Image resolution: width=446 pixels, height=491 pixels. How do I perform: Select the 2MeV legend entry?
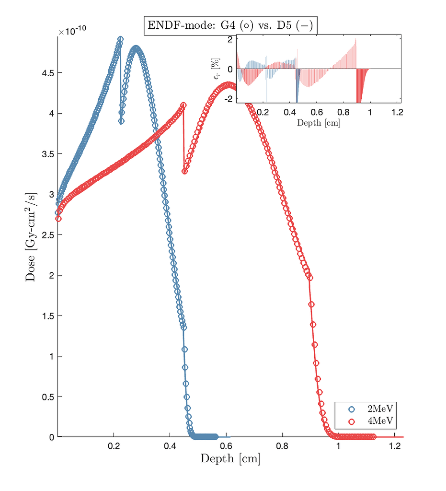tap(374, 409)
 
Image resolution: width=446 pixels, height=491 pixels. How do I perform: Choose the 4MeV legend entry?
tap(374, 421)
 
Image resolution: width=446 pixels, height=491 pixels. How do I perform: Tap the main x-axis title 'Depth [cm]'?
tap(230, 459)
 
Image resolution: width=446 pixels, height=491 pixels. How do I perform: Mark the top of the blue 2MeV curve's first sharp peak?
tap(120, 39)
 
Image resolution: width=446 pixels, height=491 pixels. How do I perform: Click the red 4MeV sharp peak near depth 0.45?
tap(183, 105)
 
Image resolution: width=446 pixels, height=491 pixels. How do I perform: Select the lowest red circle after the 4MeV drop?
tap(184, 171)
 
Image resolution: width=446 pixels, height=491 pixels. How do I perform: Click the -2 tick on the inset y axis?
tap(230, 99)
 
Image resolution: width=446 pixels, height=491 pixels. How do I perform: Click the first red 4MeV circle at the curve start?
tap(58, 219)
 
